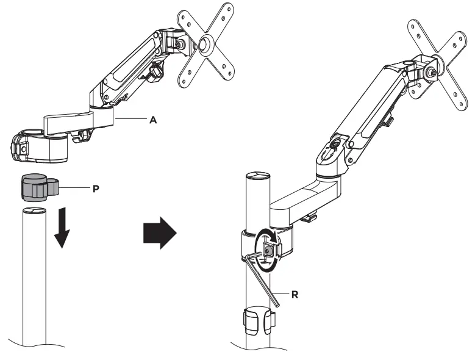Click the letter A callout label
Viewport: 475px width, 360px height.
pos(154,120)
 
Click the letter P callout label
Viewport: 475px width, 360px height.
pos(95,189)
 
